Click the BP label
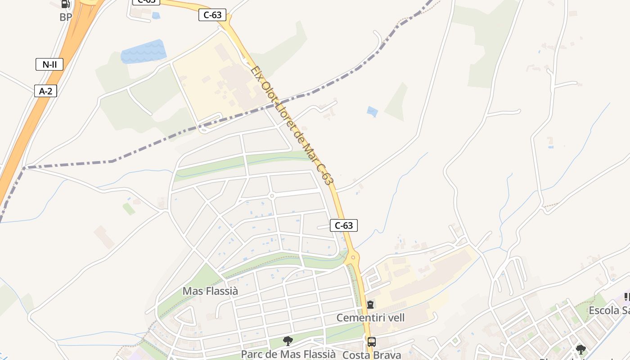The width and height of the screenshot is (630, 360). coord(66,18)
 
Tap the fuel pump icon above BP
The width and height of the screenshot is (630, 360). coord(66,4)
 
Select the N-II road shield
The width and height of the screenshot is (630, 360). coord(49,64)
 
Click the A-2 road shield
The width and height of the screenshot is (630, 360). coord(46,91)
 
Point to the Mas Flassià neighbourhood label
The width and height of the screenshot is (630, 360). coord(210,291)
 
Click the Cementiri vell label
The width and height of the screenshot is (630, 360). coord(371,318)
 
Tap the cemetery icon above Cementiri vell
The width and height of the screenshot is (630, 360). coord(370,305)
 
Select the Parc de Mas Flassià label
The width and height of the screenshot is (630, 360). coord(288,354)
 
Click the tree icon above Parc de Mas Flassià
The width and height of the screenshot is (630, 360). coord(288,341)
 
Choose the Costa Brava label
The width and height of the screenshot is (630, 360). coord(372,355)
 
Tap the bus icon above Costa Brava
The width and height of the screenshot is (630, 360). coord(371,342)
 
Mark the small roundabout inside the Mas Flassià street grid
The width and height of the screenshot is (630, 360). coord(271,196)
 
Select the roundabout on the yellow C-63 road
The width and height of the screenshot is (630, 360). coord(352,258)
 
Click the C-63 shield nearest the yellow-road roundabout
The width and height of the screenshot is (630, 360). coord(344,225)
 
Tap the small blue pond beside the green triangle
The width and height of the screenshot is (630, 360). coord(372,111)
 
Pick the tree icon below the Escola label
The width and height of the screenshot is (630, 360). coord(581,349)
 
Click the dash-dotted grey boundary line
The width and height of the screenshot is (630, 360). coord(112,161)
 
